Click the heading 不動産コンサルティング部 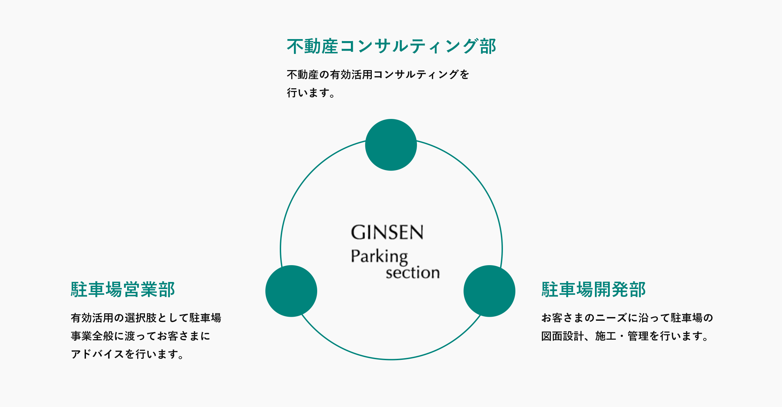coord(391,46)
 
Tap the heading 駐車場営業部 coord(123,289)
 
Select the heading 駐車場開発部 coord(593,289)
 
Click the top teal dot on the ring coord(391,145)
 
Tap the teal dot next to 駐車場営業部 coord(291,291)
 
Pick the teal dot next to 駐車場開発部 coord(489,291)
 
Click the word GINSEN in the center coord(387,232)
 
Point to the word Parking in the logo coord(379,257)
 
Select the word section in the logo coord(413,273)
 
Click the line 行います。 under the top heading coord(311,93)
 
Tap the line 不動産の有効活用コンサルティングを coord(378,74)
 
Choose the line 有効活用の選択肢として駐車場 coord(146,318)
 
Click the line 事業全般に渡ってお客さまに coord(141,336)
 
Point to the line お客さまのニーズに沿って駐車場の coord(627,318)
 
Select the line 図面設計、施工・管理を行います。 coord(626,336)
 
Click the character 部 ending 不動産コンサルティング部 coord(488,46)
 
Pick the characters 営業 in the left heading coord(140,289)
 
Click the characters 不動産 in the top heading coord(312,46)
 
